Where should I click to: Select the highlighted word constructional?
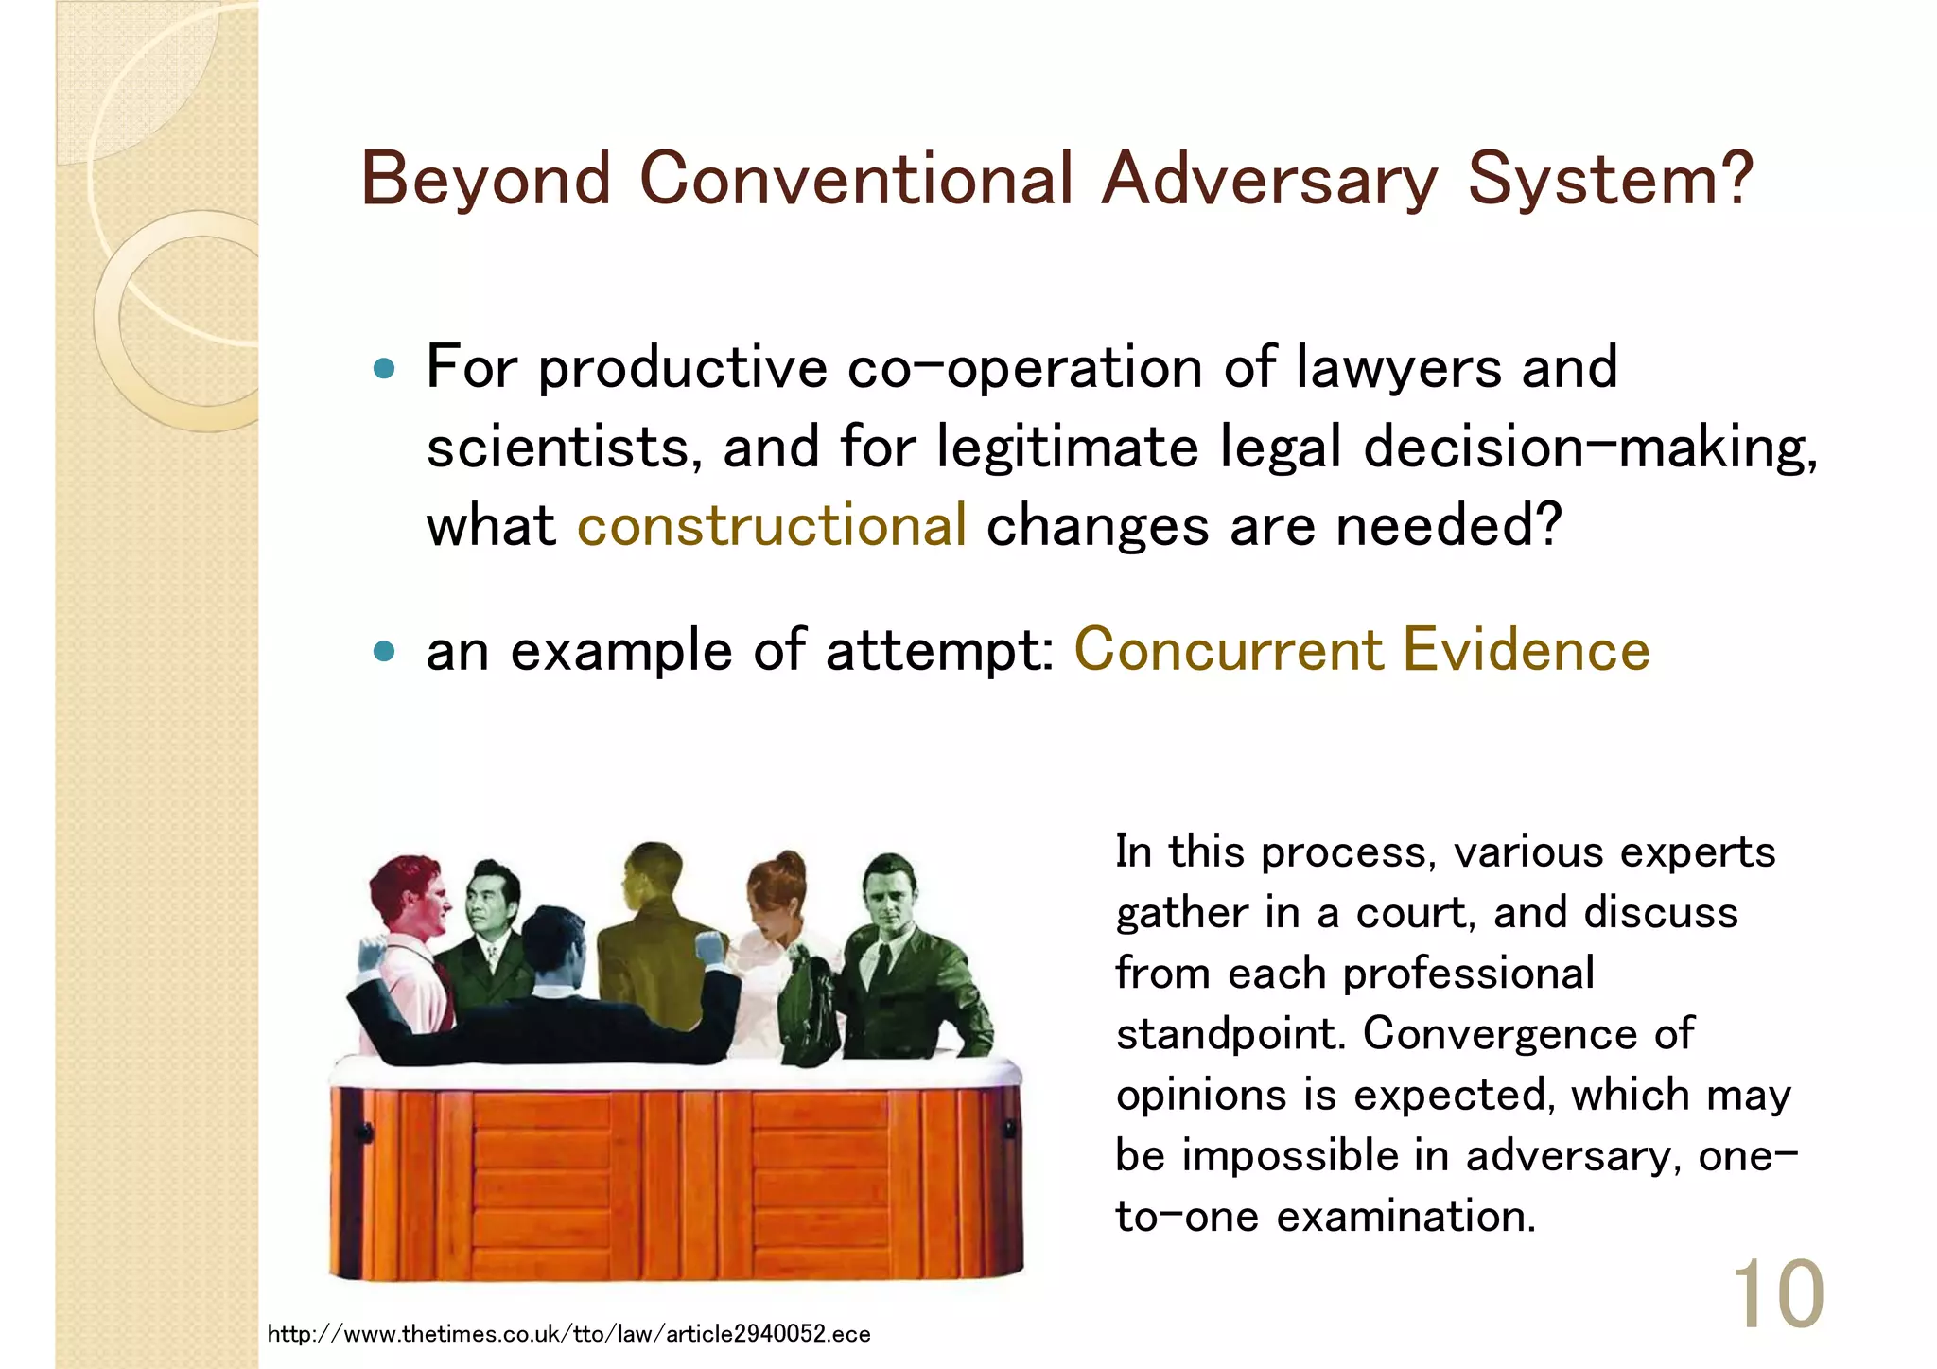[772, 525]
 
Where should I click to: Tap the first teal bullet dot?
[383, 368]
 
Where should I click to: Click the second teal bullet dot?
[383, 651]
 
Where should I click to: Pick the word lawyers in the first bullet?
[1398, 368]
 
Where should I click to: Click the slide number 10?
[1776, 1293]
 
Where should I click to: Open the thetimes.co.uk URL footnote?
[568, 1334]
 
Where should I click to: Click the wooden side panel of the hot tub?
[676, 1183]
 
